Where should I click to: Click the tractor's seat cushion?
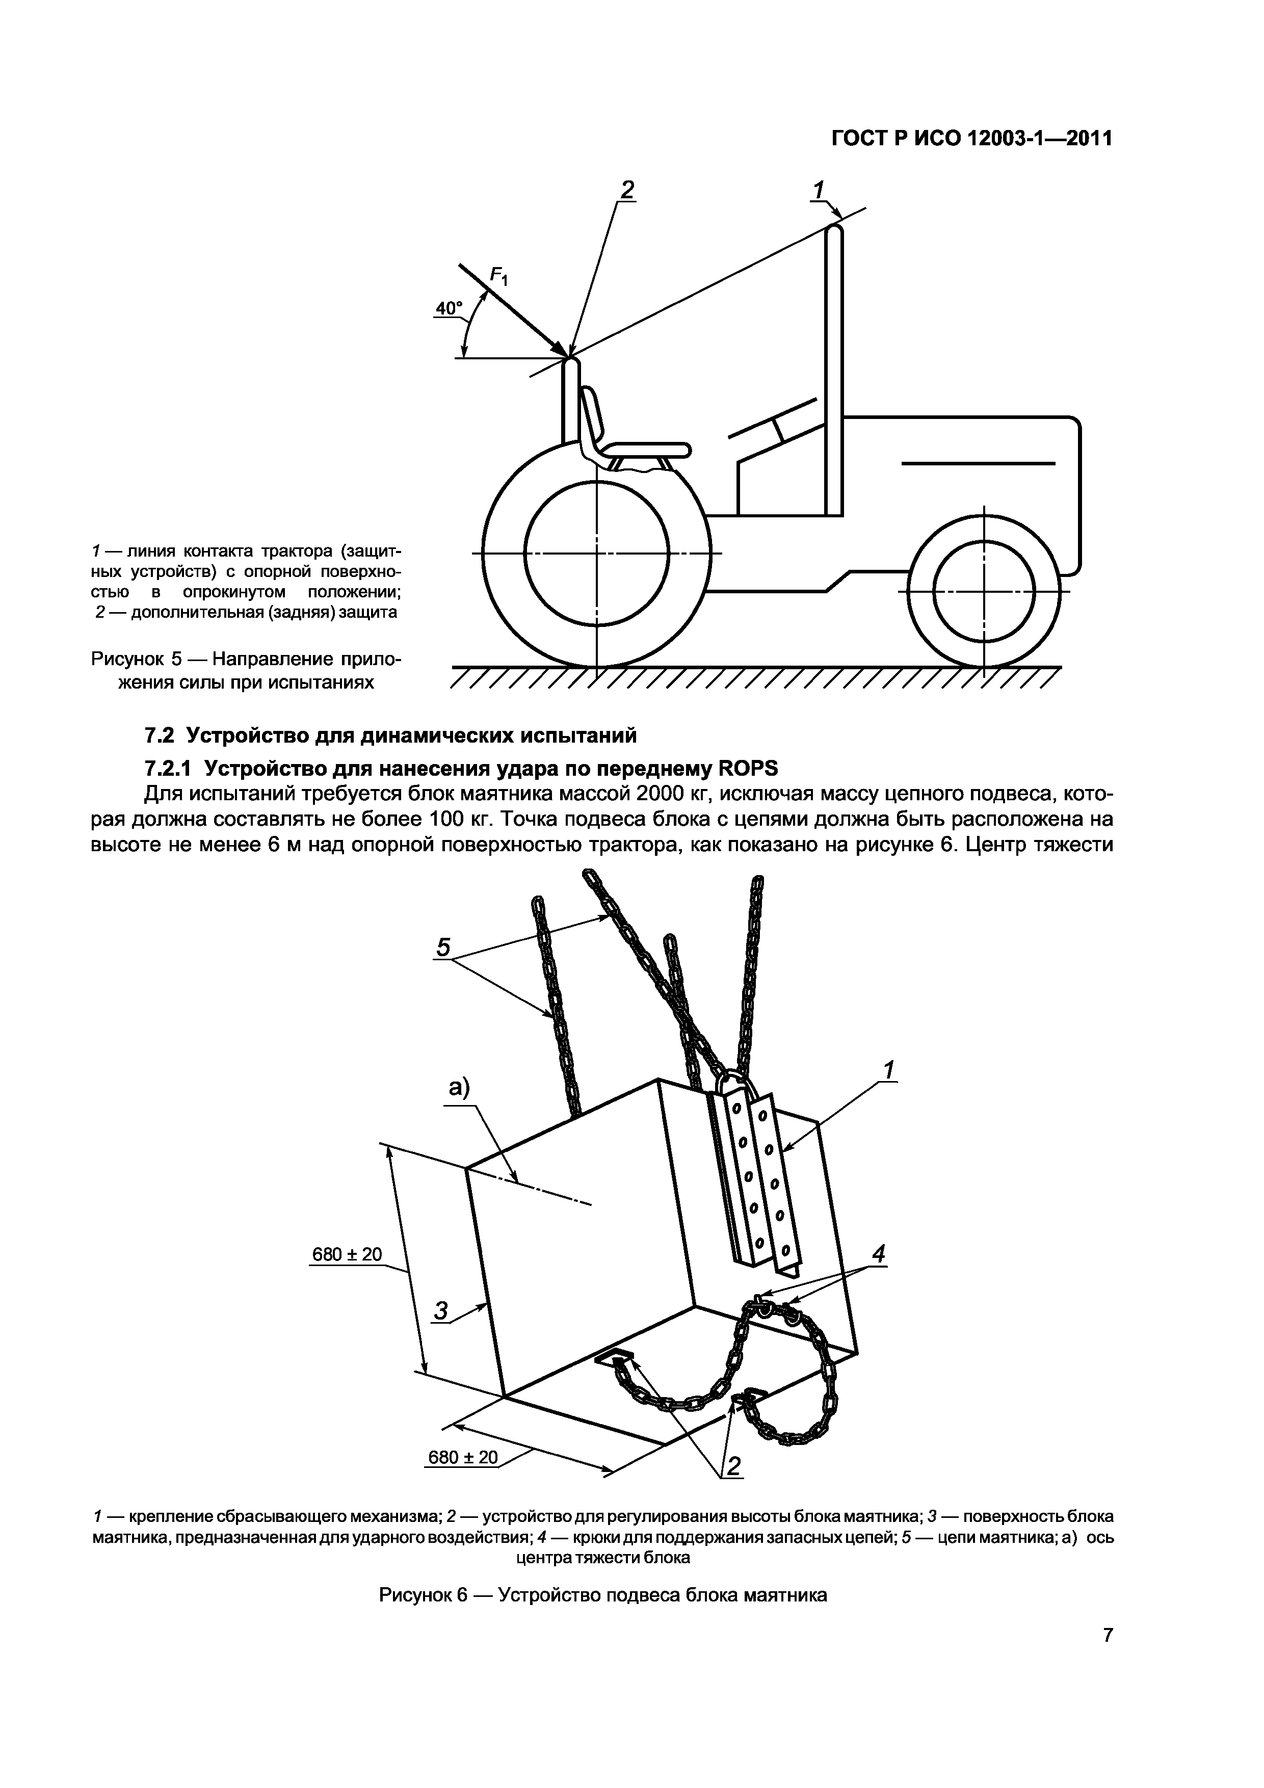[646, 450]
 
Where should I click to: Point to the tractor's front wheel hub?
[984, 592]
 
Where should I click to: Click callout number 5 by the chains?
[443, 947]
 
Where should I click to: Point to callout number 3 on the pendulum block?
[441, 1312]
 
